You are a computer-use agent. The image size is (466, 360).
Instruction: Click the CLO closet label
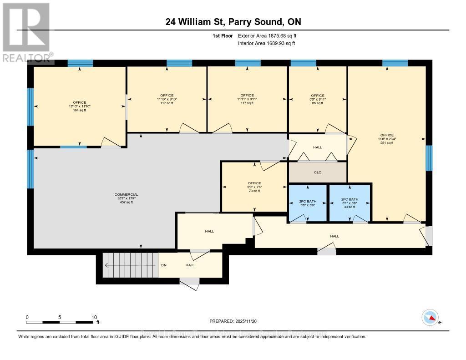318,172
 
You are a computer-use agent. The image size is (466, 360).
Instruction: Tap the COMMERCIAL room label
127,195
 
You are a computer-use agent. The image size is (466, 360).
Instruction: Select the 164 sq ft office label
80,110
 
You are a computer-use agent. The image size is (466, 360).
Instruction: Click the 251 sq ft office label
387,142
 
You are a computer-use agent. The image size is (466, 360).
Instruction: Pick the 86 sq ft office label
318,103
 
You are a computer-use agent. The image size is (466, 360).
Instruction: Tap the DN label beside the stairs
164,265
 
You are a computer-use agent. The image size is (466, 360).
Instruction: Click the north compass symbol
430,317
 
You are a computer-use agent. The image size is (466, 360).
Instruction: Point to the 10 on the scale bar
95,317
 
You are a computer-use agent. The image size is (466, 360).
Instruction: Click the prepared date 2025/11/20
233,321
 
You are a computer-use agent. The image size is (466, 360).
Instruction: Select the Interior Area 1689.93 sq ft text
266,43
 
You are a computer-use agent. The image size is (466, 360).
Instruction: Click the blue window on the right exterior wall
429,158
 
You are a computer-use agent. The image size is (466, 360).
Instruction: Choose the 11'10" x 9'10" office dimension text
167,99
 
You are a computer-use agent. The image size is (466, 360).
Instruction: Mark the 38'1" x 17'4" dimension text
127,198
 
